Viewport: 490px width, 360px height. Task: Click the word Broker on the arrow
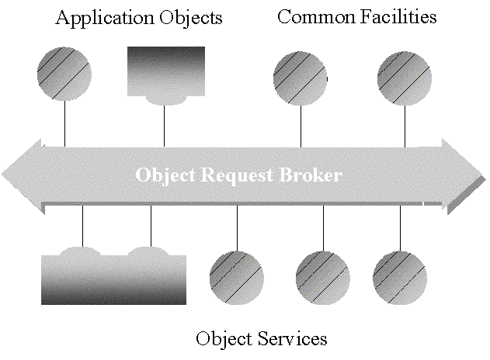click(x=312, y=175)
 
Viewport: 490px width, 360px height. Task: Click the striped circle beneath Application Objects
click(x=64, y=74)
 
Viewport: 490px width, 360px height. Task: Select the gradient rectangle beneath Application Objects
click(x=165, y=71)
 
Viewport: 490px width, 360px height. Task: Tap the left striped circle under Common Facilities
click(x=301, y=78)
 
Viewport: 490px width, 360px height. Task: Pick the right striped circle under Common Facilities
click(x=404, y=78)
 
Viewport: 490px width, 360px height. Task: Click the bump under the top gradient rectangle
click(x=165, y=100)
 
